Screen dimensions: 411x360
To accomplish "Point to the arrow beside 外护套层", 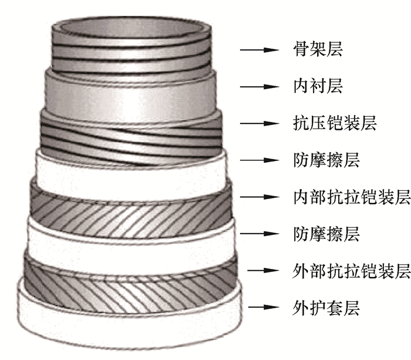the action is click(262, 307).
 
